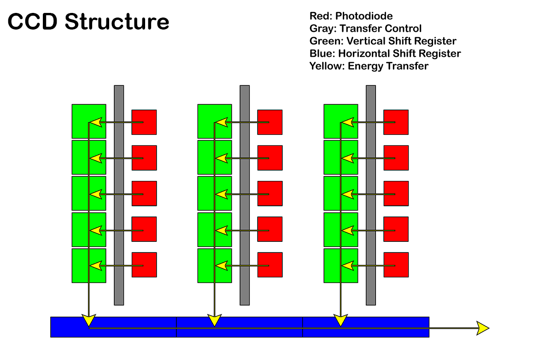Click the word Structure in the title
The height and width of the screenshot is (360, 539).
117,22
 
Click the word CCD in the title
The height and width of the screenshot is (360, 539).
33,22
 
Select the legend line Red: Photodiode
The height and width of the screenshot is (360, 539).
351,17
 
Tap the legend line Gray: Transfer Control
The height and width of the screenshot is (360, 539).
365,29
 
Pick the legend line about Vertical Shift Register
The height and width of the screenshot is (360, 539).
383,42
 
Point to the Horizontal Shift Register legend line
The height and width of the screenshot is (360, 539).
385,54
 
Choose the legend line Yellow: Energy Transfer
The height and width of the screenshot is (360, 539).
369,66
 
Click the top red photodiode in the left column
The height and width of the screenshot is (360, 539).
144,122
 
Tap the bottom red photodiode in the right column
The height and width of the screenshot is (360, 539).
396,265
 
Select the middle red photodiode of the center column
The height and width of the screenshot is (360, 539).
269,193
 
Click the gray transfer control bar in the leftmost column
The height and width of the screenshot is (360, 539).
119,195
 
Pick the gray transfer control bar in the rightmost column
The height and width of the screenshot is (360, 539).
371,195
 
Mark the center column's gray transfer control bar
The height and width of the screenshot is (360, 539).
245,195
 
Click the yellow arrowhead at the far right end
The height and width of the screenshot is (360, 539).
483,328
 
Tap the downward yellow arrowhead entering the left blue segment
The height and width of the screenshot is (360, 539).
88,320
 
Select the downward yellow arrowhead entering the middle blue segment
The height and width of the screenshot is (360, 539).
214,320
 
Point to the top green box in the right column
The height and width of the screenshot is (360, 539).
341,121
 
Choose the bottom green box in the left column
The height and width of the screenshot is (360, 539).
89,265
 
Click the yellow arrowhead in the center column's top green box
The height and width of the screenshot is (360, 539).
222,122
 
